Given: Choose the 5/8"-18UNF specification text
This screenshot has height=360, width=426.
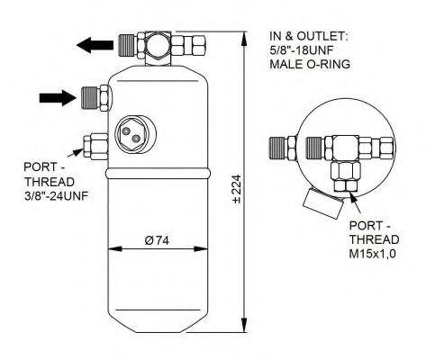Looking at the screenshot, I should click(x=309, y=50).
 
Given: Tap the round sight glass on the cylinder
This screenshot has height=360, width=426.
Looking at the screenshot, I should click(x=132, y=132).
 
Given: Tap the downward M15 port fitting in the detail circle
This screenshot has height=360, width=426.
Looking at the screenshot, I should click(x=343, y=174).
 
